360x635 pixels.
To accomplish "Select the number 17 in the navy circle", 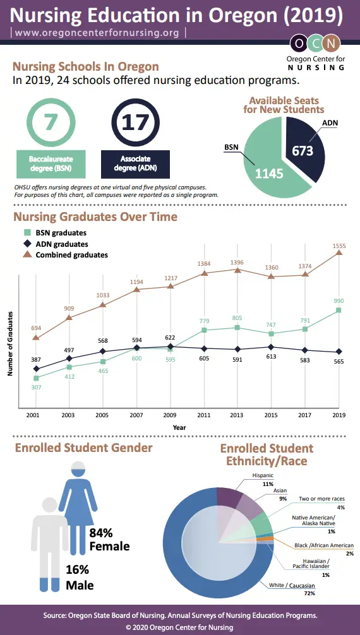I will [x=135, y=121].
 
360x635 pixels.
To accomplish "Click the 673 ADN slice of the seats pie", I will [x=303, y=150].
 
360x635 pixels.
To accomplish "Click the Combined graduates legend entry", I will [x=71, y=255].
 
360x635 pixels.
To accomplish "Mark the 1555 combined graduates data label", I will [x=339, y=245].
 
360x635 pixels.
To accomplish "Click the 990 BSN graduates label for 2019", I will [x=339, y=302].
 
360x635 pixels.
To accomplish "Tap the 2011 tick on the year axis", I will [x=204, y=415].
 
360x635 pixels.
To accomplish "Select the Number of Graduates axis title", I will [x=11, y=344].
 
